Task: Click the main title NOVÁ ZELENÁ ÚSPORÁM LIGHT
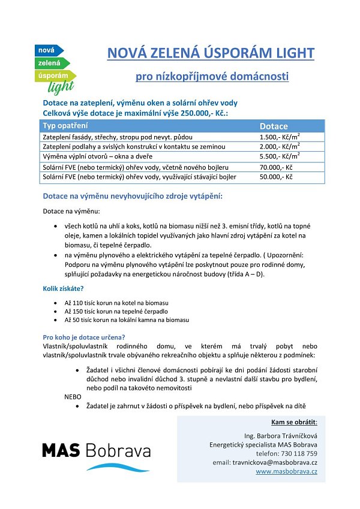pyautogui.click(x=211, y=53)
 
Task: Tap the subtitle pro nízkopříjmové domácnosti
pyautogui.click(x=212, y=77)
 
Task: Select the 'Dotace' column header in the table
pyautogui.click(x=274, y=126)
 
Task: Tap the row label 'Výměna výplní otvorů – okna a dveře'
pyautogui.click(x=98, y=156)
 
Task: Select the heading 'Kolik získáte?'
pyautogui.click(x=63, y=288)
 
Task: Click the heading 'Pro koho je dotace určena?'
pyautogui.click(x=83, y=336)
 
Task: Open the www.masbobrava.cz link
pyautogui.click(x=287, y=471)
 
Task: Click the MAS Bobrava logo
pyautogui.click(x=96, y=454)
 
